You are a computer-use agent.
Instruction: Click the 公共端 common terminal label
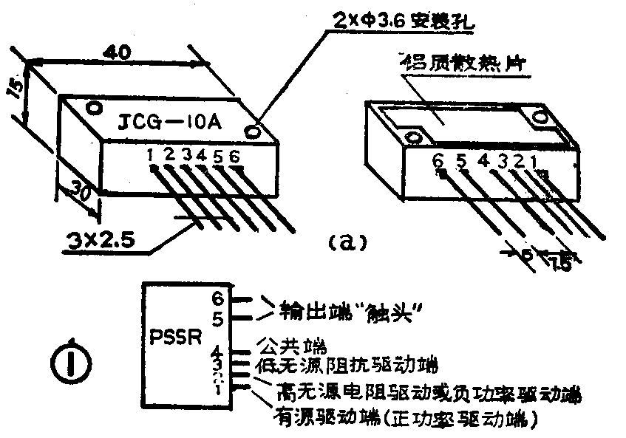tap(290, 345)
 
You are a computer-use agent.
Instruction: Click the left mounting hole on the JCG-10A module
tap(94, 108)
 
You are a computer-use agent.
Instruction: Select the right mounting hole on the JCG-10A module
tap(255, 131)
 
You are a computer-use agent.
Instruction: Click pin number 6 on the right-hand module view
tap(438, 160)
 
